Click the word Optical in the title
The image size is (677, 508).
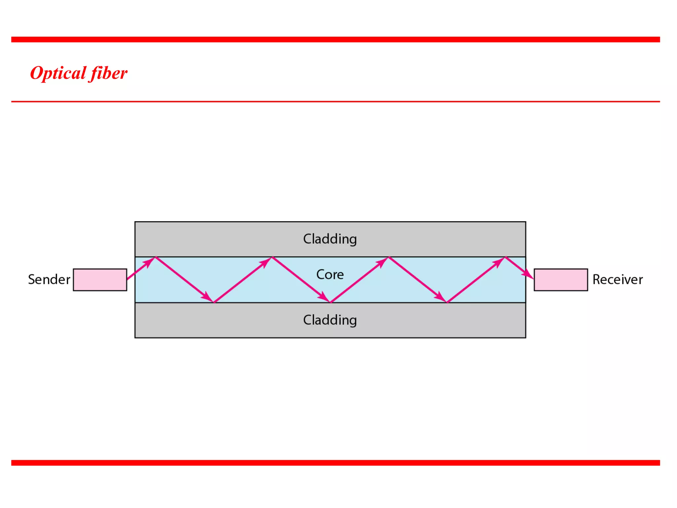pos(58,73)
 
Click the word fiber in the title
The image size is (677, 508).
pos(109,73)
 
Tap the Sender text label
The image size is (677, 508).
pos(49,280)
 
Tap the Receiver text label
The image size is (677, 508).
pos(617,280)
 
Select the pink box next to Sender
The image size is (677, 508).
pos(100,280)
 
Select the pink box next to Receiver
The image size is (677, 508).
pos(561,280)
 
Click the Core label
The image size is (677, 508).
pos(330,275)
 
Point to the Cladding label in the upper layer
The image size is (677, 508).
pos(330,239)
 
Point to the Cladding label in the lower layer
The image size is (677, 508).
pos(330,320)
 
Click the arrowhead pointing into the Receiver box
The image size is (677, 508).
pos(528,275)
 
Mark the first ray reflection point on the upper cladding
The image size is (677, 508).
pos(155,257)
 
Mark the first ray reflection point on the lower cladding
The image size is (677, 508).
pos(214,302)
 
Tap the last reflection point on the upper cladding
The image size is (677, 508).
pos(505,257)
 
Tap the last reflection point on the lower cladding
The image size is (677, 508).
pos(447,302)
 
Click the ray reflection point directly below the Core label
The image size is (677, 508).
pos(330,302)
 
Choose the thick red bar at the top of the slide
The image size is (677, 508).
pos(336,39)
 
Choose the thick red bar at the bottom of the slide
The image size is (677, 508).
pos(336,463)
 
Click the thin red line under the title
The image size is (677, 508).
pos(336,102)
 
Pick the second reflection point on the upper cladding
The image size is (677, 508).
pos(272,257)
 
